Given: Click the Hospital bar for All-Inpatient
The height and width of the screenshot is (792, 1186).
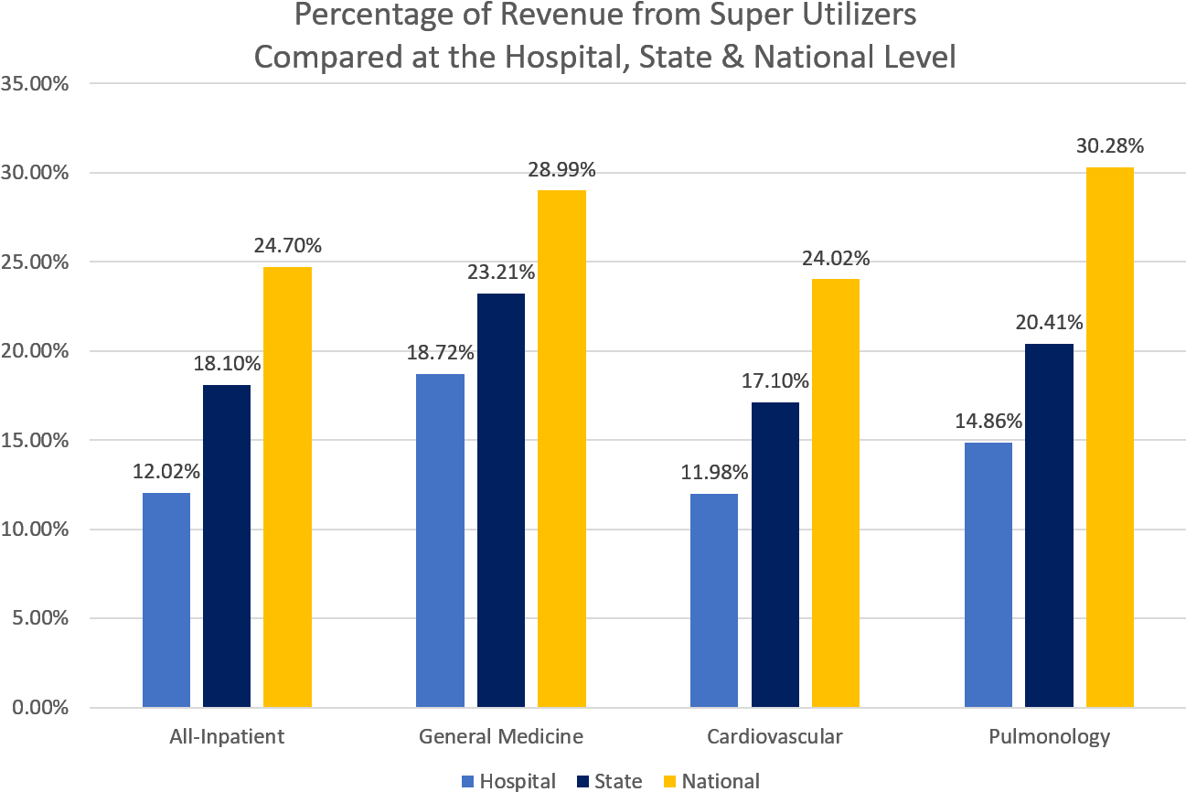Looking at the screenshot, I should pos(166,600).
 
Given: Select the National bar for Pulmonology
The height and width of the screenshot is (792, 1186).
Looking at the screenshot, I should pos(1110,437).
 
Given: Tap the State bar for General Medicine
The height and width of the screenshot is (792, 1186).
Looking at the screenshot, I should pos(501,500).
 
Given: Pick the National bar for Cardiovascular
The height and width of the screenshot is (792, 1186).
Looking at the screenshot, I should pos(836,493).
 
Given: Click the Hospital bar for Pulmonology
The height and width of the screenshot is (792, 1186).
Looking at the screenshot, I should pos(988,574).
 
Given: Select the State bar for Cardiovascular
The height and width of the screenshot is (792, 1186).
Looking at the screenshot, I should pos(775,554).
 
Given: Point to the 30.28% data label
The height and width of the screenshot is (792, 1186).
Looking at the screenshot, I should pos(1111,146).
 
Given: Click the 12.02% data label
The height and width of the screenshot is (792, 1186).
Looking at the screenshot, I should pos(166,472).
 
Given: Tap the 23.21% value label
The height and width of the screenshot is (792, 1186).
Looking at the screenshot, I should pos(501,272).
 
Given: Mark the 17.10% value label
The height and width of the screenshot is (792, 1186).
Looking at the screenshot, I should pos(775,380).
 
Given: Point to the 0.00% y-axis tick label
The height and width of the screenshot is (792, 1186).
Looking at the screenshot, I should pos(41,707).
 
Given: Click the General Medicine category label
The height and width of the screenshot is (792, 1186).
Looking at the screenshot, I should pos(501,736).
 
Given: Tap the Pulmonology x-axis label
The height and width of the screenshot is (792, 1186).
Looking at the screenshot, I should pos(1050,736).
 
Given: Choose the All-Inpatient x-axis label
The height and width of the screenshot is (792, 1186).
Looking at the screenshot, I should pos(227,736).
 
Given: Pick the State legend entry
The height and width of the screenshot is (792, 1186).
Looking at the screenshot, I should pos(609,781).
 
